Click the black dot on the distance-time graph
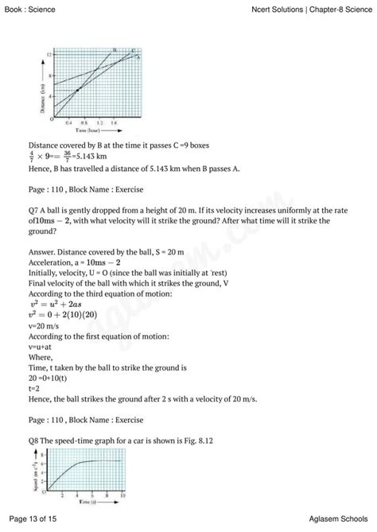click(77, 90)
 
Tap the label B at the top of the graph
click(115, 50)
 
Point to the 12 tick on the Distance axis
click(49, 54)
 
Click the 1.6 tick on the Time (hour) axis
click(115, 124)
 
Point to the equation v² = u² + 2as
click(57, 303)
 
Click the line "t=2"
click(34, 390)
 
